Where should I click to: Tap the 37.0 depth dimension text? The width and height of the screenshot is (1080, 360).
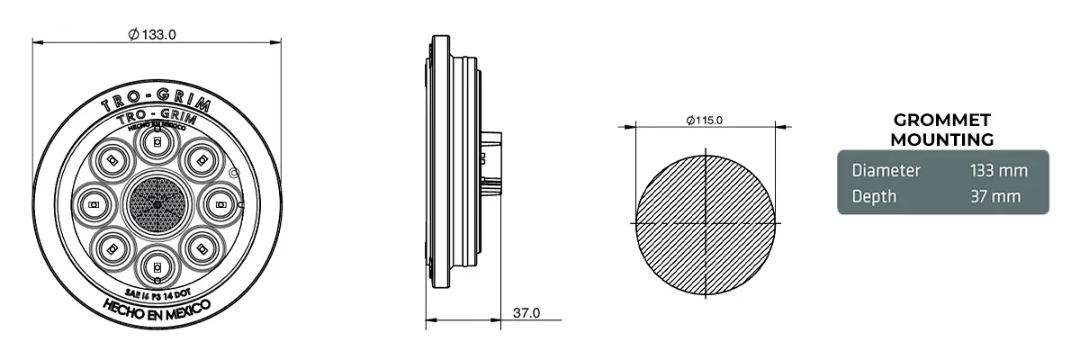pyautogui.click(x=526, y=313)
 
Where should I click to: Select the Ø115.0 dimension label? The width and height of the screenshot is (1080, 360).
pyautogui.click(x=704, y=120)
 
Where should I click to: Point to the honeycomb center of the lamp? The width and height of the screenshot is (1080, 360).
pyautogui.click(x=157, y=205)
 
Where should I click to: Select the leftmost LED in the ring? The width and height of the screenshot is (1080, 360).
pyautogui.click(x=94, y=205)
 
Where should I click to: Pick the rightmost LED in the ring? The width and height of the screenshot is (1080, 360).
pyautogui.click(x=220, y=205)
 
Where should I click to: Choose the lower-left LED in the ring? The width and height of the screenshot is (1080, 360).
pyautogui.click(x=112, y=248)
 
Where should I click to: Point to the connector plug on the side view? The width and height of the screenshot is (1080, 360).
pyautogui.click(x=491, y=162)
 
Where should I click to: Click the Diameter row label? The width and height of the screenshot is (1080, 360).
pyautogui.click(x=886, y=170)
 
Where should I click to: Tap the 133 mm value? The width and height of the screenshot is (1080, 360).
pyautogui.click(x=997, y=170)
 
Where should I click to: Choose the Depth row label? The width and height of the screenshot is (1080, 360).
pyautogui.click(x=874, y=196)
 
